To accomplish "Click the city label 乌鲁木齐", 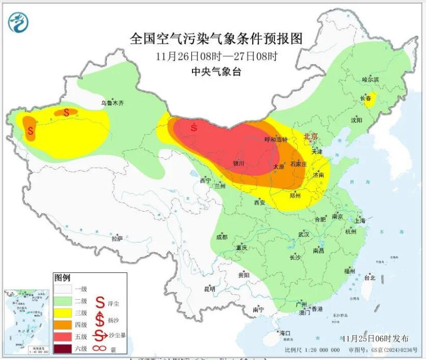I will tap(113, 103).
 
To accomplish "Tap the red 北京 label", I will tap(311, 136).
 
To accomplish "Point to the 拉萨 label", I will tap(117, 239).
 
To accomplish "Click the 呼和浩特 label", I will tap(274, 140).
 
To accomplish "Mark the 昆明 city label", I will tap(209, 288).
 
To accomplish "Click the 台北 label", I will tap(369, 278).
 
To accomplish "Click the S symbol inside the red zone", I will tap(194, 127).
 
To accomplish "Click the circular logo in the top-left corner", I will tap(18, 22).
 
